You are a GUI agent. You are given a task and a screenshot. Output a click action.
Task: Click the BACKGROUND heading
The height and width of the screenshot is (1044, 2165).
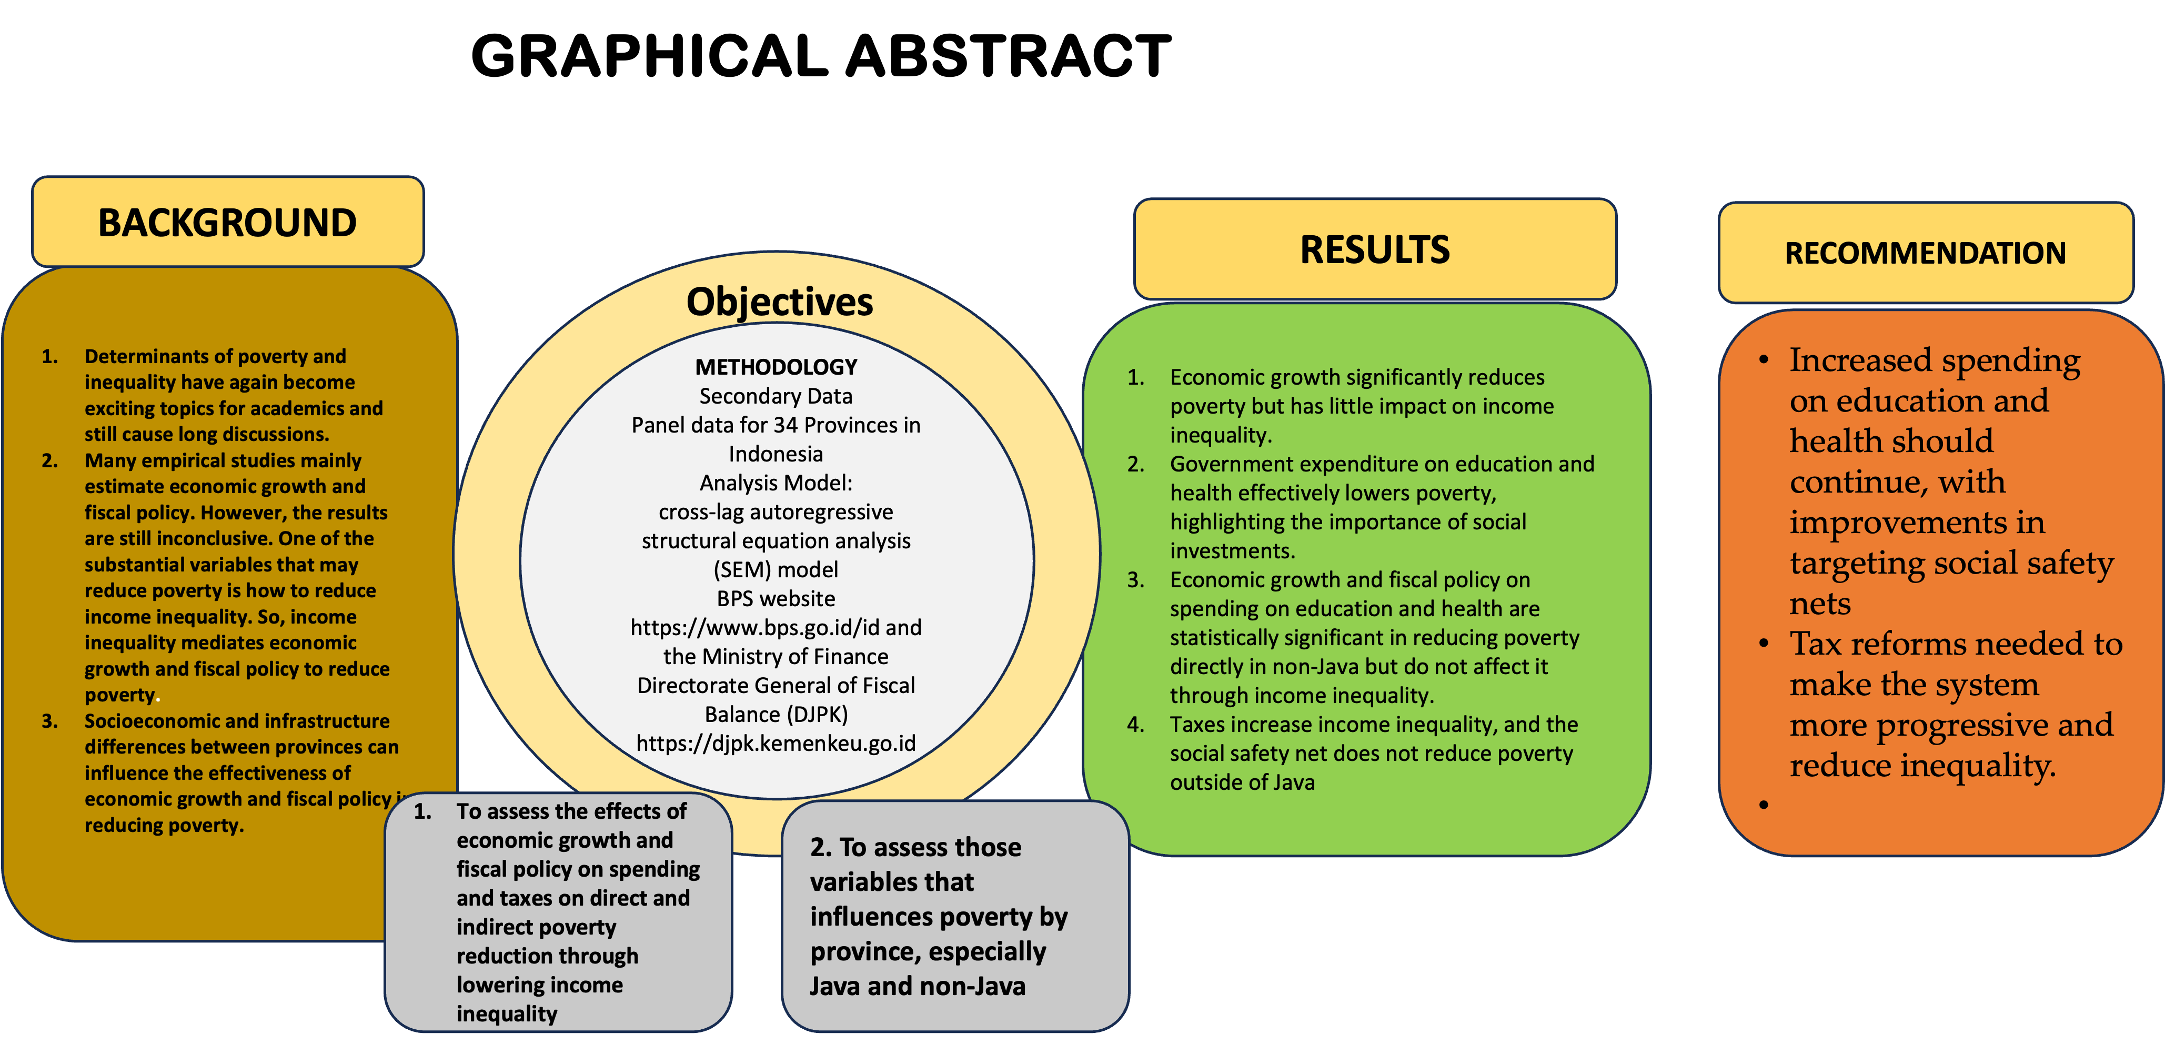pos(227,223)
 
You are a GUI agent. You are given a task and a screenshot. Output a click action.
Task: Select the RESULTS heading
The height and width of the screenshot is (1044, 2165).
pos(1374,249)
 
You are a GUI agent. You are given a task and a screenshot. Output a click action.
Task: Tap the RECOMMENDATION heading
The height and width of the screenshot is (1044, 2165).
pos(1925,253)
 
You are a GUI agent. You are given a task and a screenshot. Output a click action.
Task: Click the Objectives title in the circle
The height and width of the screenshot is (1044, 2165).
pos(779,302)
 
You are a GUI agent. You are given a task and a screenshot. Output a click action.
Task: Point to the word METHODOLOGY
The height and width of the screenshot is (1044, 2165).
pos(776,367)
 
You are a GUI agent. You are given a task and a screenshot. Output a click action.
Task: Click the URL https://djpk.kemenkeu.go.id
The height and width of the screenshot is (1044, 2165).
pos(776,743)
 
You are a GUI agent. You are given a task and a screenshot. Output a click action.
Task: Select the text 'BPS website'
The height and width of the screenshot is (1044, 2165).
pos(776,598)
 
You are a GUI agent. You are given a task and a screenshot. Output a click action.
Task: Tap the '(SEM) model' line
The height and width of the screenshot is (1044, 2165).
pos(776,570)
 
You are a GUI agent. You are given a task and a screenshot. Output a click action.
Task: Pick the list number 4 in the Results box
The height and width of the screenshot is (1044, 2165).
pos(1135,725)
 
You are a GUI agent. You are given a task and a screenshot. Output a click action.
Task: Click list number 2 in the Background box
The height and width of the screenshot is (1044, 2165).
pos(49,460)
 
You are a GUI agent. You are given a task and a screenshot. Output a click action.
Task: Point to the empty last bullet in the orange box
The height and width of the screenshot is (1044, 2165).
pos(1763,805)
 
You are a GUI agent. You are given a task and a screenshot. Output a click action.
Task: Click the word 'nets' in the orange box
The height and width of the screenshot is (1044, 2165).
pos(1819,604)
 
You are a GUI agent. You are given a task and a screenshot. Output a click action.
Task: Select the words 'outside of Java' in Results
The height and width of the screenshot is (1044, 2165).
pos(1242,782)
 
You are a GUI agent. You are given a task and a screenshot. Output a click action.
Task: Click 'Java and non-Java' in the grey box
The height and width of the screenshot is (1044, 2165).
pos(917,986)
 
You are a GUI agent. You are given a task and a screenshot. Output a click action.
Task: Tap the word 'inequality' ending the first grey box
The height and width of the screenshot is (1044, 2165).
pos(507,1013)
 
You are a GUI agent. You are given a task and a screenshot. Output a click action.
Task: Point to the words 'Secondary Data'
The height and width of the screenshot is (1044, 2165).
pos(776,396)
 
